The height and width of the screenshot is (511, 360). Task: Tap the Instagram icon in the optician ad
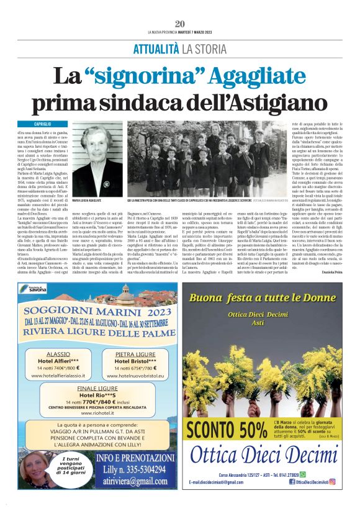tap(333, 481)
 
